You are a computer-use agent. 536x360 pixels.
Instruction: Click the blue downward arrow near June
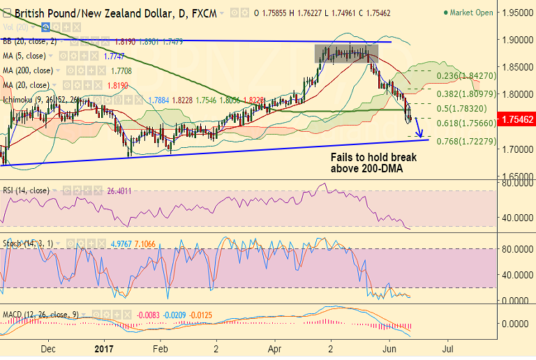click(420, 128)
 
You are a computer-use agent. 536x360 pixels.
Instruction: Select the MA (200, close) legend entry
click(27, 70)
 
